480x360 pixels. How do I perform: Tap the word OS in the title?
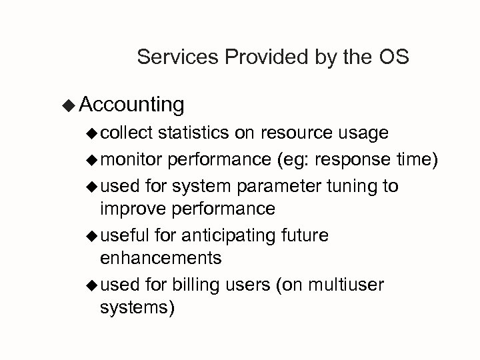click(393, 58)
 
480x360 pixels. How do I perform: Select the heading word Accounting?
click(131, 105)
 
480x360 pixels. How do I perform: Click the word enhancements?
click(160, 257)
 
